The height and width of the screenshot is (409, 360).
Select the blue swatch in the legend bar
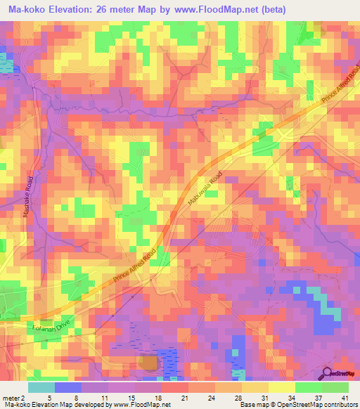click(67, 387)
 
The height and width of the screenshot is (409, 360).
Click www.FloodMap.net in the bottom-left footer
click(132, 405)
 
